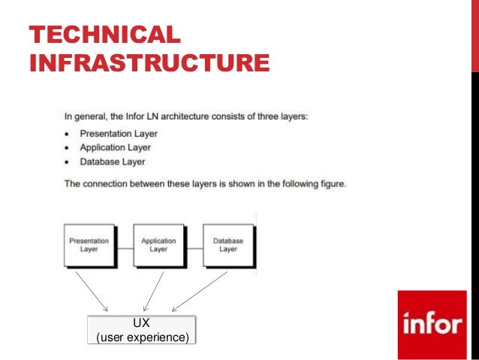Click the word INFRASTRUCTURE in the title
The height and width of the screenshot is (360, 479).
pyautogui.click(x=149, y=62)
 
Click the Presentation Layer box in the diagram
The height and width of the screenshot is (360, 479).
pyautogui.click(x=89, y=245)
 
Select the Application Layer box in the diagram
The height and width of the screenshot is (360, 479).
pyautogui.click(x=158, y=245)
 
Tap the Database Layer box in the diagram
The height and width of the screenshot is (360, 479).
pyautogui.click(x=228, y=245)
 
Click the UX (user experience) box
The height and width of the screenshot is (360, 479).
pyautogui.click(x=142, y=330)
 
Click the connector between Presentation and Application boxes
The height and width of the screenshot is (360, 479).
pyautogui.click(x=124, y=246)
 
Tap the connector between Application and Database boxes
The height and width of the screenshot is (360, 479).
pyautogui.click(x=194, y=246)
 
